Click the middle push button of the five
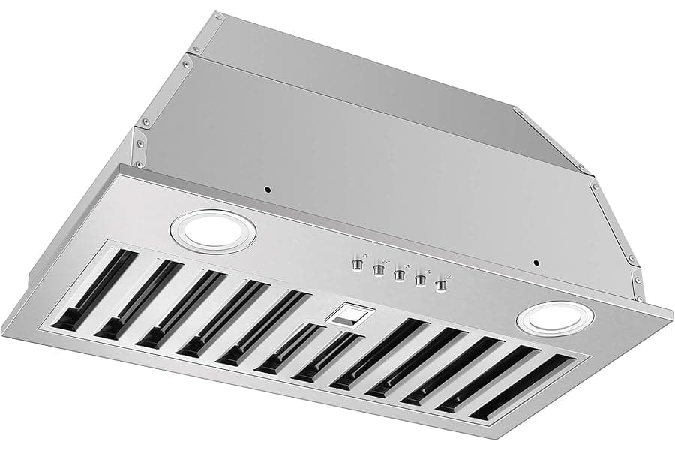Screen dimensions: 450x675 [x=399, y=274]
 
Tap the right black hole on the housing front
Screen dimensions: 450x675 [x=535, y=263]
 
